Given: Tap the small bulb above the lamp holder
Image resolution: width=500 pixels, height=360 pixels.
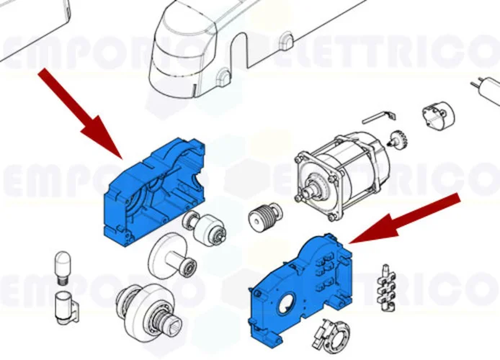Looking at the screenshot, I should pos(62,266).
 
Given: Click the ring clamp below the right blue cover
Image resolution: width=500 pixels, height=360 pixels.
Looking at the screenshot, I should pos(331,334).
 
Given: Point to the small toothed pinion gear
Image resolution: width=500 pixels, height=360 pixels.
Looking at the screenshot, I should pos(396,138).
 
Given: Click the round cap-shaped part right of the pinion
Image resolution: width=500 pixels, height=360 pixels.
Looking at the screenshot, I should pos(435,117).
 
